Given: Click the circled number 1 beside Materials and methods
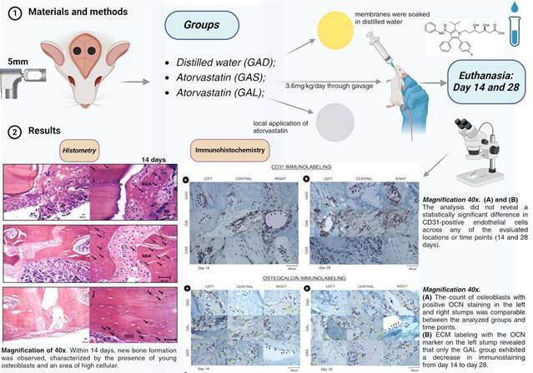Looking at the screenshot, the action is (x=13, y=13).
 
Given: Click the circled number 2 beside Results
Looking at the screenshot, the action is (x=13, y=132).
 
